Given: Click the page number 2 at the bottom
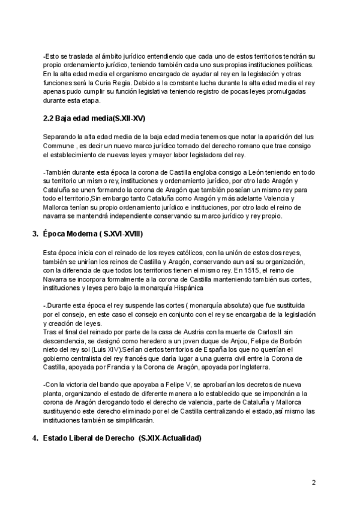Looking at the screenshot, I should click(314, 483).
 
